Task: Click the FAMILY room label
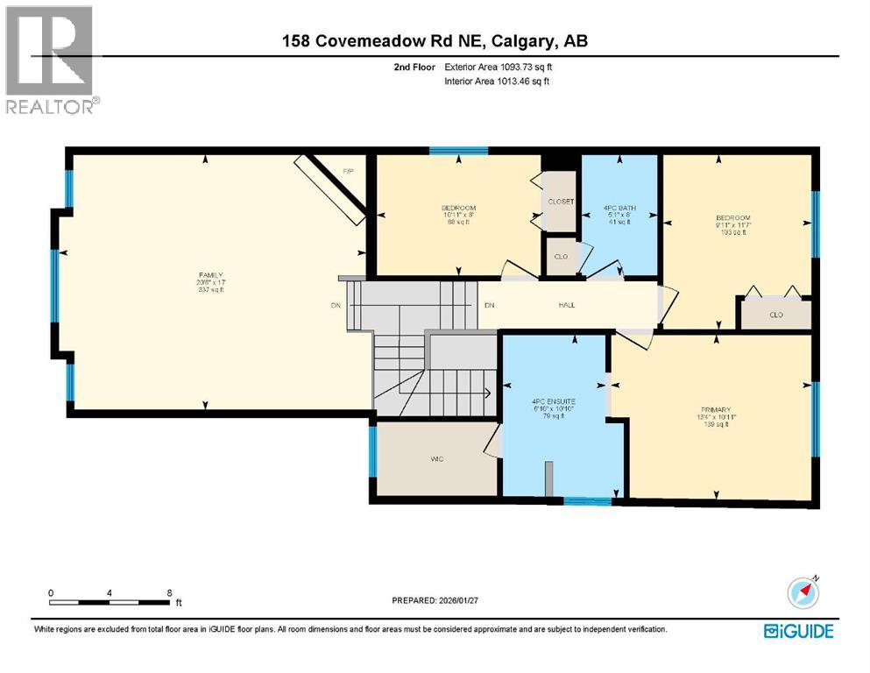tap(205, 275)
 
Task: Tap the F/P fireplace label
tap(347, 171)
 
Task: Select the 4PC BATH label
tap(620, 208)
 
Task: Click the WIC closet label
tap(436, 459)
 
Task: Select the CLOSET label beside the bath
tap(560, 202)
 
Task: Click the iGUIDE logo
tap(797, 630)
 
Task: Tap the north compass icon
tap(803, 592)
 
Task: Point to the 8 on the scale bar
tap(169, 592)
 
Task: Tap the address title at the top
tap(435, 40)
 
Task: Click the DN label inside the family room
tap(335, 305)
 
